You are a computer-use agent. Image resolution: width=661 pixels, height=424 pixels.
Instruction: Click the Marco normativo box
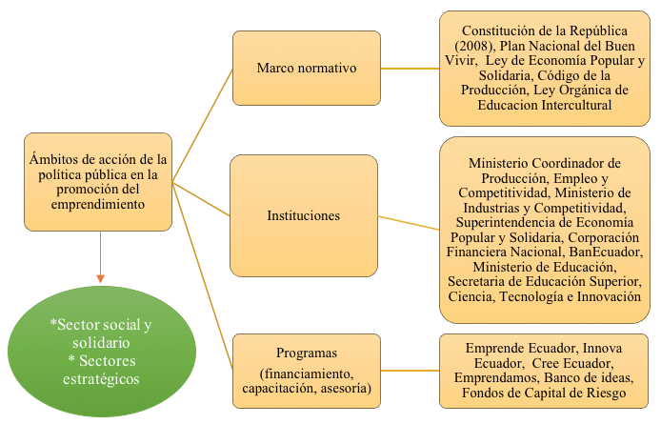[x=307, y=68]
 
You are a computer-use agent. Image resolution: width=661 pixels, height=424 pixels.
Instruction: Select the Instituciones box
[x=304, y=215]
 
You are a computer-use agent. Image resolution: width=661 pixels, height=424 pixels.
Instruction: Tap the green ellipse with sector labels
[x=102, y=352]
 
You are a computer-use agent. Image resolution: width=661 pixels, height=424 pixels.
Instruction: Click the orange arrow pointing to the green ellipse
[x=100, y=257]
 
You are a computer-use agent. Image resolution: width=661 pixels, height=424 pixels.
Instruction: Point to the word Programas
[x=307, y=353]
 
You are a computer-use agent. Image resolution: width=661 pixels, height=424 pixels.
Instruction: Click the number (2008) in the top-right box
[x=474, y=46]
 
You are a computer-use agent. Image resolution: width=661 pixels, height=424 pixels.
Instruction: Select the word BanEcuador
[x=606, y=252]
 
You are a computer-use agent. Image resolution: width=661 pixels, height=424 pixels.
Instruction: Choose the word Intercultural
[x=576, y=105]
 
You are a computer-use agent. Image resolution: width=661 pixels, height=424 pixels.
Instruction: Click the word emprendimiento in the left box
[x=98, y=204]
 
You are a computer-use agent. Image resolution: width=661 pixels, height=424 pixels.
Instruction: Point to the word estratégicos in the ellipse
[x=101, y=379]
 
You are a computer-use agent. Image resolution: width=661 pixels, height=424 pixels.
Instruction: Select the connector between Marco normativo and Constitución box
[x=411, y=69]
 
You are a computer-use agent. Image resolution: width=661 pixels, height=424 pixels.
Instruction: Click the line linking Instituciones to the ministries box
[x=409, y=223]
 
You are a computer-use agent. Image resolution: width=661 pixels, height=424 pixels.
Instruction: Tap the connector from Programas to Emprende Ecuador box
[x=411, y=371]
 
